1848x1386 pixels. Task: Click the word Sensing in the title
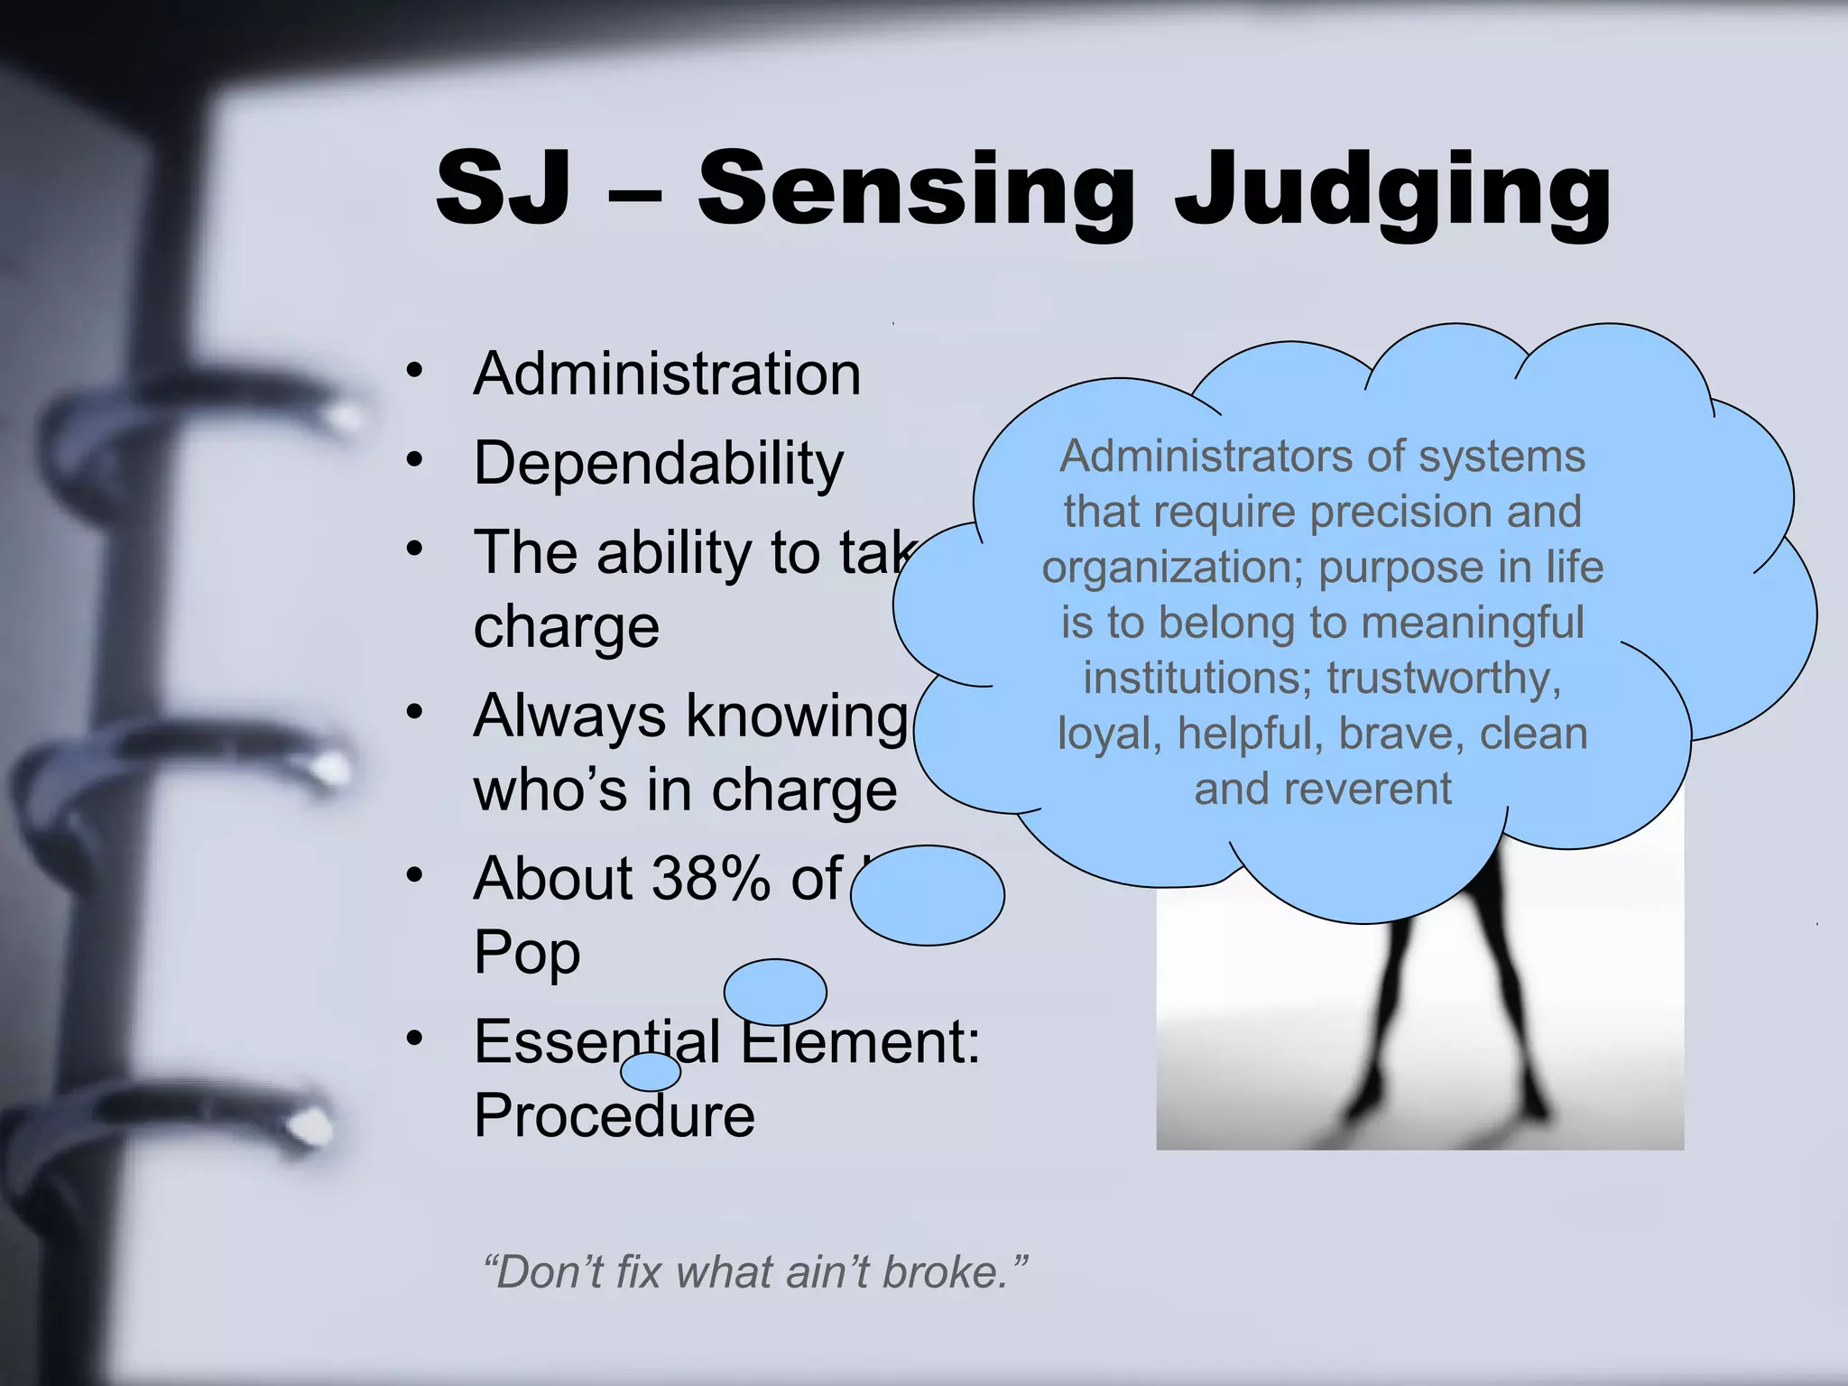pyautogui.click(x=915, y=189)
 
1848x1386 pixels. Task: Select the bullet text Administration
pyautogui.click(x=667, y=374)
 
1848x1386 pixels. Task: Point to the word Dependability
pyautogui.click(x=659, y=464)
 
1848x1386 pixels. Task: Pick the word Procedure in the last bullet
pyautogui.click(x=614, y=1116)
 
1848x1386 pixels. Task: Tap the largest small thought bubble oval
pyautogui.click(x=927, y=895)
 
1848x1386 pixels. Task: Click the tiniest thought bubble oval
pyautogui.click(x=651, y=1072)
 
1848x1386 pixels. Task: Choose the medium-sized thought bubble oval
pyautogui.click(x=775, y=992)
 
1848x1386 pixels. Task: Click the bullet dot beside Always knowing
pyautogui.click(x=414, y=712)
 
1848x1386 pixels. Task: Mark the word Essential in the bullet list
pyautogui.click(x=596, y=1042)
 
